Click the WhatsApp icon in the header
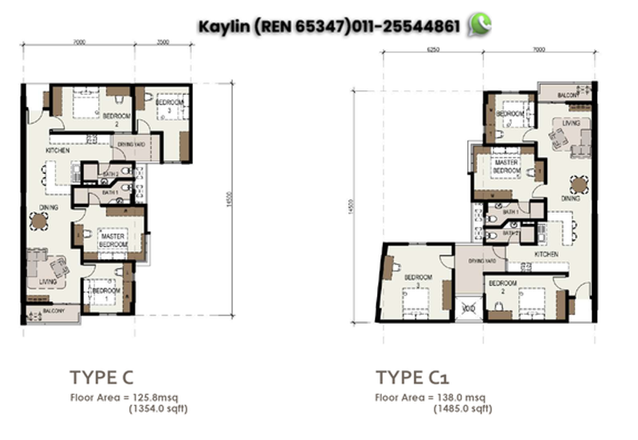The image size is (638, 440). (x=480, y=25)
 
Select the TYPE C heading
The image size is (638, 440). (x=100, y=376)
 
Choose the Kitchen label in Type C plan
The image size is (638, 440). (x=57, y=150)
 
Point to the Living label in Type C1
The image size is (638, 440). (x=569, y=124)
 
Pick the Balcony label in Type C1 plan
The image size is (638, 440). (x=568, y=95)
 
